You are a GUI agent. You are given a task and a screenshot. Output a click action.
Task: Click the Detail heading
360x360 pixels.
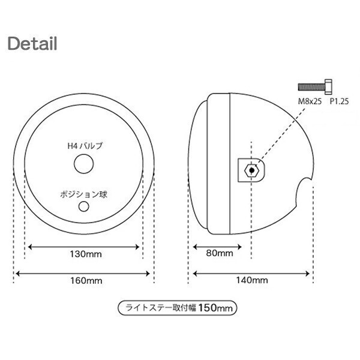[x=32, y=43]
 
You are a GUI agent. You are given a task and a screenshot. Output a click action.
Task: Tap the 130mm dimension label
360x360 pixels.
[x=86, y=254]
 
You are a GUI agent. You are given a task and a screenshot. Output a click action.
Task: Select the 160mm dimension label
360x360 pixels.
[x=86, y=281]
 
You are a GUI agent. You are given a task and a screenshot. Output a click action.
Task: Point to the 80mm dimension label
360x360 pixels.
[x=220, y=253]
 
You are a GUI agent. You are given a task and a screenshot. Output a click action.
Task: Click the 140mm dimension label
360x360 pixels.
[x=252, y=280]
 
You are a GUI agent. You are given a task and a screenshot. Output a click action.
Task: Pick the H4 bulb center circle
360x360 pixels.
[x=84, y=164]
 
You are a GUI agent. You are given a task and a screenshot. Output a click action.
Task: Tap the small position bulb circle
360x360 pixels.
[x=84, y=206]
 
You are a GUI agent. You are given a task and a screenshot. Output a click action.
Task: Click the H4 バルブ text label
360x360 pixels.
[x=85, y=146]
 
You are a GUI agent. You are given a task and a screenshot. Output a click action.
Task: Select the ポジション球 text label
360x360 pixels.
[x=84, y=194]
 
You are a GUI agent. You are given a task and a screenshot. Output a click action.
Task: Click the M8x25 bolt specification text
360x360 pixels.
[x=310, y=101]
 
